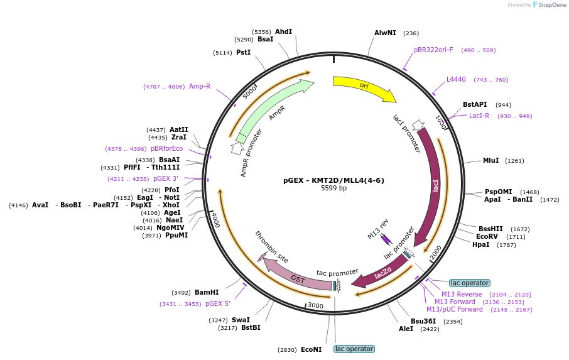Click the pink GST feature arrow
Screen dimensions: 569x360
[x=296, y=277]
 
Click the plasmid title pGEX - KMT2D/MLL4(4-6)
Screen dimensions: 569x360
[x=333, y=180]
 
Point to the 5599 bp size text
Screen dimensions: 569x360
[x=333, y=188]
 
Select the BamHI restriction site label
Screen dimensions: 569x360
[x=207, y=292]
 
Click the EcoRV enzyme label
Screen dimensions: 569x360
[x=487, y=237]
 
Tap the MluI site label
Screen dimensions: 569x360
[x=490, y=160]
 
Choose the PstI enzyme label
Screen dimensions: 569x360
[x=243, y=52]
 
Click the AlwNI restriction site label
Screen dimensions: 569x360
[x=385, y=33]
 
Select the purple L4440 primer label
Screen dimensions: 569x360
[x=456, y=79]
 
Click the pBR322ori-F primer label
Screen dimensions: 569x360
[x=433, y=50]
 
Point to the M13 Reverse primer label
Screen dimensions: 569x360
[x=462, y=294]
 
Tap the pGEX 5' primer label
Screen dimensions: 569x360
[x=218, y=303]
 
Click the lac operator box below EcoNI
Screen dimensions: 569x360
[x=354, y=349]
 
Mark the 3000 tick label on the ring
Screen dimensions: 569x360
[x=315, y=305]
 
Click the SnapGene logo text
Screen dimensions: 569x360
[x=552, y=5]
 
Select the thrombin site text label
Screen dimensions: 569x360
[x=271, y=247]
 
